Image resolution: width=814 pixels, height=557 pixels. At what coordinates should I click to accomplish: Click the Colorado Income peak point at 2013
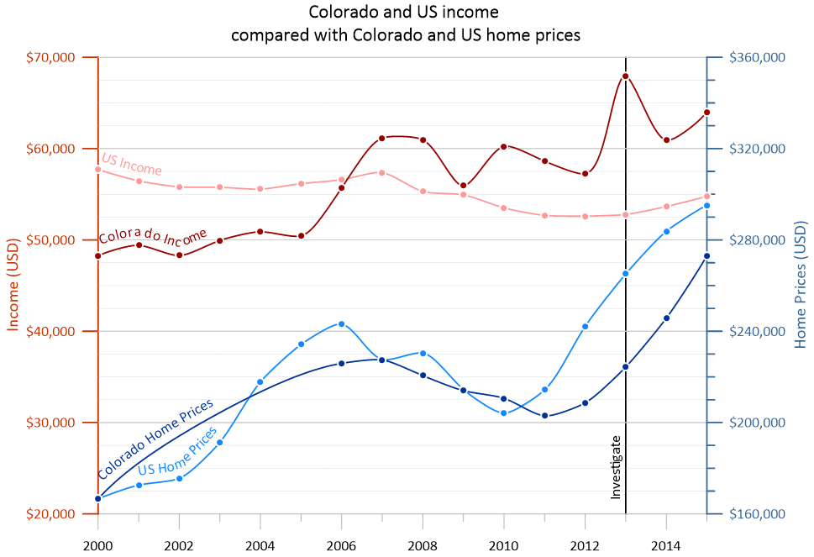coord(626,76)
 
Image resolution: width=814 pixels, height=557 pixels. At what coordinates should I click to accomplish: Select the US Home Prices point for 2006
coord(341,323)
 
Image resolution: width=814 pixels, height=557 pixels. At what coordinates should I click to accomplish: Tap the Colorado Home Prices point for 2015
coord(707,256)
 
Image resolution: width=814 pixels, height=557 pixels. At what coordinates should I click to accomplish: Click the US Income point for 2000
coord(98,170)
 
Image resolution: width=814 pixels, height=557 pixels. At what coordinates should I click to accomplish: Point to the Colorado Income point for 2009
coord(464,186)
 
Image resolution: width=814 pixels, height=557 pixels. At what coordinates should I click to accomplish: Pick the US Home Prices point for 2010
coord(504,413)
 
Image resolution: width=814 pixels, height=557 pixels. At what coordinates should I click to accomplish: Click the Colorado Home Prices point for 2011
coord(544,416)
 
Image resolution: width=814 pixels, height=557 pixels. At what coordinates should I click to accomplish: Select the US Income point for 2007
coord(381,172)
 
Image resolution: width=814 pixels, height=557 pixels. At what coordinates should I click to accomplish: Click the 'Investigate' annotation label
coord(616,467)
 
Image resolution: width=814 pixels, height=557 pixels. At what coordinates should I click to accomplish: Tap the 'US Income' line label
coord(131,165)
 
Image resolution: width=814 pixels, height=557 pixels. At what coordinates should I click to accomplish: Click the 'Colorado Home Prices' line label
coord(155,438)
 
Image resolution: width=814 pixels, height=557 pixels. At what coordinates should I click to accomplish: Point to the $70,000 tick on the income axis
coord(52,57)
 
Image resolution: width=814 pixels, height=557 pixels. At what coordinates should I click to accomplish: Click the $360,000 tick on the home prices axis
coord(757,57)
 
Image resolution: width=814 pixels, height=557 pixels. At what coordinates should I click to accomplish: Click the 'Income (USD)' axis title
coord(15,286)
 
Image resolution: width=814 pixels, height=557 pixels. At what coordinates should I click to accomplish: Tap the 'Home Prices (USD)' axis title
coord(800,286)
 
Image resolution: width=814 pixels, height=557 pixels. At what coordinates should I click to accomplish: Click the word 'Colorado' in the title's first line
coord(340,13)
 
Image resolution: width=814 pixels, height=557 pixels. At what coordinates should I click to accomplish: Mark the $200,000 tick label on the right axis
coord(757,423)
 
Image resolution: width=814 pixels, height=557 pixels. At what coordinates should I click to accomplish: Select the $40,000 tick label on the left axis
coord(52,331)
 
